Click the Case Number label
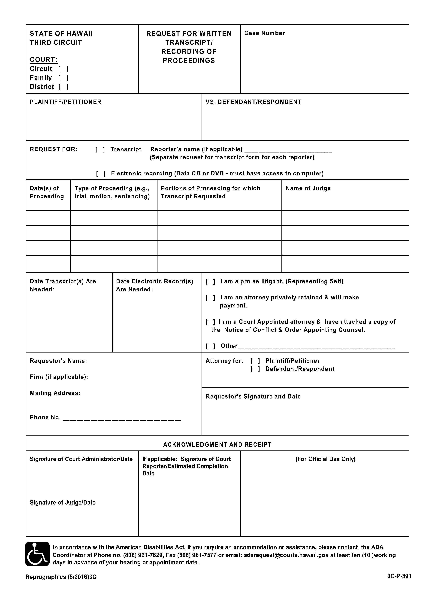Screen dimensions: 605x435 click(264, 33)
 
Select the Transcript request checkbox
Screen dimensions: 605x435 click(100, 149)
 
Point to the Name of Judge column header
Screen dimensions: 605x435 click(308, 188)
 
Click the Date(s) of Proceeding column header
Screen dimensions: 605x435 click(47, 192)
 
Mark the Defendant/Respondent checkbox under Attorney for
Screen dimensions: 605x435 click(255, 369)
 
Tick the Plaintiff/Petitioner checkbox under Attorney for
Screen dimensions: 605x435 click(255, 361)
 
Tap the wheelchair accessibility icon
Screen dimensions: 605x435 click(37, 554)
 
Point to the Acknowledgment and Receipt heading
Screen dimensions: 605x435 click(217, 445)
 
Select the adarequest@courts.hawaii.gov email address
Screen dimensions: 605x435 click(286, 555)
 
